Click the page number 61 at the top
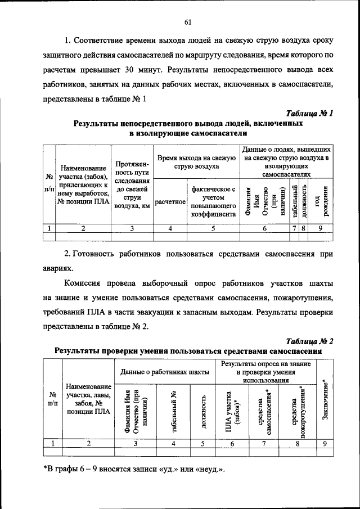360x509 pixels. point(188,22)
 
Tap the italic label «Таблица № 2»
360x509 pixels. point(309,341)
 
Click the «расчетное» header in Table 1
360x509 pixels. point(170,201)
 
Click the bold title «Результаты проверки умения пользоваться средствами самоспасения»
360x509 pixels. point(188,350)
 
